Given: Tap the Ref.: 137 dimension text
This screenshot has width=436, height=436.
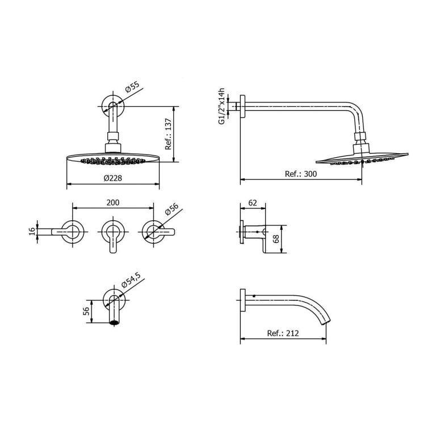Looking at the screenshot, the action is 169,134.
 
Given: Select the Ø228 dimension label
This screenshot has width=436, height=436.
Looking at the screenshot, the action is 113,178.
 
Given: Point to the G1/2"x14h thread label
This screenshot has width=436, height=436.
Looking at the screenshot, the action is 221,106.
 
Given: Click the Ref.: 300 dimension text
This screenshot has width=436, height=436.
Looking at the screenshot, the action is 301,174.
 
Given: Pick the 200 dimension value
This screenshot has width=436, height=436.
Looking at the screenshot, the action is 113,203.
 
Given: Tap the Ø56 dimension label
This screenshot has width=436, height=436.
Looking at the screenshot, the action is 171,209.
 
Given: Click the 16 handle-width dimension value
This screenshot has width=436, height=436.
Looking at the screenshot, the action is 32,232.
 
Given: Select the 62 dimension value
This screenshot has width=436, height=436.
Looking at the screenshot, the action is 253,203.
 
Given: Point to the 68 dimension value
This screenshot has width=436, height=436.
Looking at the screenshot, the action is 276,239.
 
